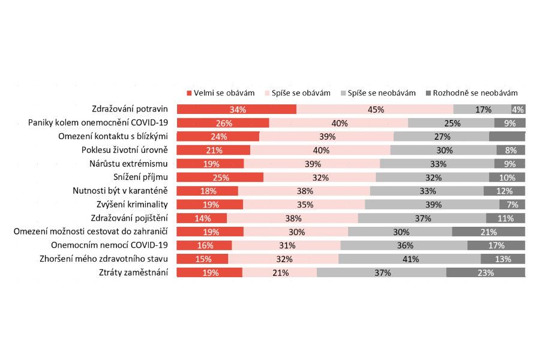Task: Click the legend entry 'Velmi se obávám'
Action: click(220, 93)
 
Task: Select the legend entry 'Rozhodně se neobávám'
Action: click(471, 93)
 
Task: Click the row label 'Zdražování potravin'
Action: click(130, 109)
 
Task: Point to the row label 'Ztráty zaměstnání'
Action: click(133, 272)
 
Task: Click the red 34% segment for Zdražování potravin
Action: click(236, 109)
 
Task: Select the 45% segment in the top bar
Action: click(375, 109)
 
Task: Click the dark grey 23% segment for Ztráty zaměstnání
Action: click(485, 272)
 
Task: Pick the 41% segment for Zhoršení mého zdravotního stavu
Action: click(409, 259)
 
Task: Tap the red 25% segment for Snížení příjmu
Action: click(220, 177)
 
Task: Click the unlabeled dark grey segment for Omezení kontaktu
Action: click(507, 136)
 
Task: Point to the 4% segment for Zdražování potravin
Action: click(518, 109)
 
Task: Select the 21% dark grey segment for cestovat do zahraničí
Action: click(488, 232)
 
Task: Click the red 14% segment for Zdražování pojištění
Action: click(202, 218)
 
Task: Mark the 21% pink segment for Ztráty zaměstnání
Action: click(280, 272)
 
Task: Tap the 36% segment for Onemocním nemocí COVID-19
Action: click(404, 245)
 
